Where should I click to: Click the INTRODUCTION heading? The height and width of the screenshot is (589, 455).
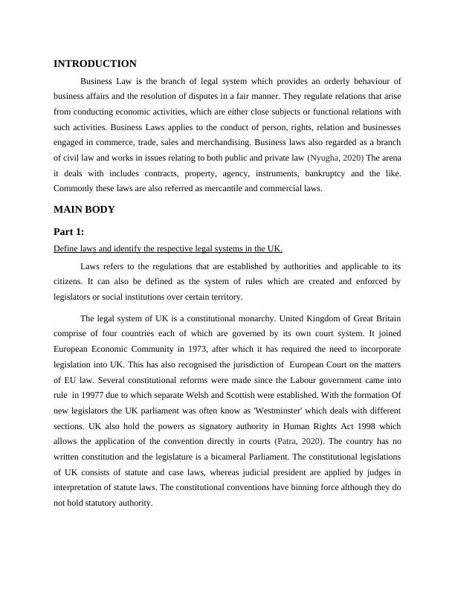pyautogui.click(x=95, y=64)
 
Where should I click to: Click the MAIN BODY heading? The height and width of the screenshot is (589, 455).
pyautogui.click(x=84, y=210)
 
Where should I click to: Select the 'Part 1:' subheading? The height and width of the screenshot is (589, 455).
pyautogui.click(x=69, y=231)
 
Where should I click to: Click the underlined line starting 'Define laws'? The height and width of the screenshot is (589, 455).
pyautogui.click(x=168, y=248)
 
